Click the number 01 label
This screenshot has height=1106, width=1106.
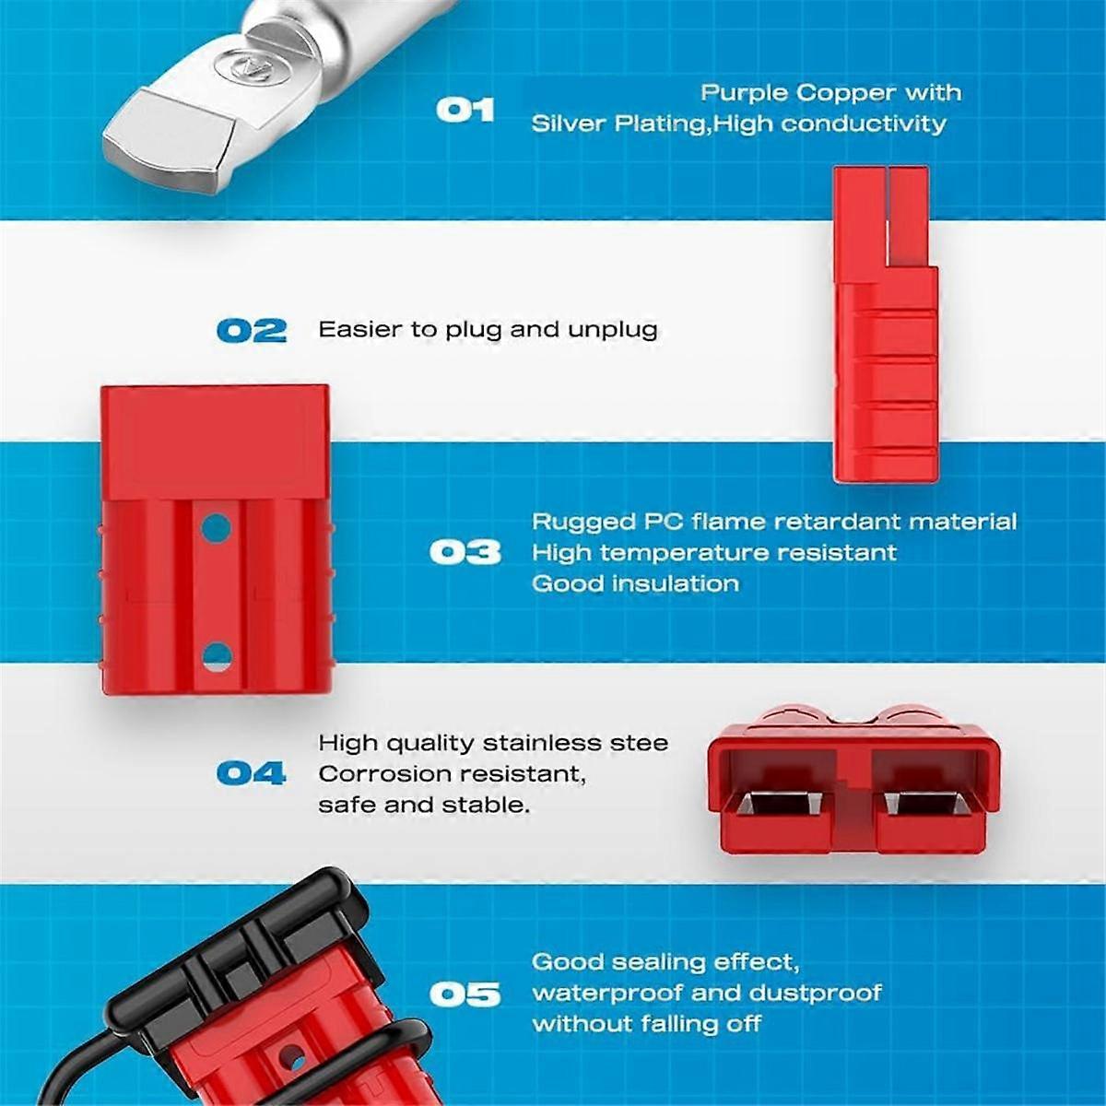[x=465, y=110]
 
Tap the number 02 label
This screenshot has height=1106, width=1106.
[x=252, y=331]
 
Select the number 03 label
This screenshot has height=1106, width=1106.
[x=465, y=553]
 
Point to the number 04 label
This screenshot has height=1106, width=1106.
[x=252, y=773]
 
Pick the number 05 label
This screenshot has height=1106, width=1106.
[x=465, y=994]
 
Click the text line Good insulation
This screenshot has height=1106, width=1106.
[x=635, y=583]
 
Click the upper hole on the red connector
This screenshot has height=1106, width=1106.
[x=217, y=527]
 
